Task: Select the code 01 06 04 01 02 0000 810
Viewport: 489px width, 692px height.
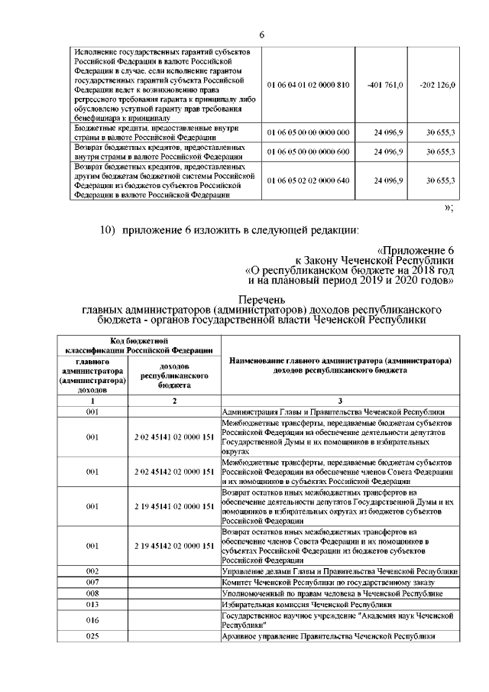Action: [x=308, y=84]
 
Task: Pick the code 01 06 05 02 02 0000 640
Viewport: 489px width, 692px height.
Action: [x=308, y=180]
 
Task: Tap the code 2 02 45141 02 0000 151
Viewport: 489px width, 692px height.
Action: [x=174, y=438]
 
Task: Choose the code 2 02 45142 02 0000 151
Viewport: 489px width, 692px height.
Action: [x=174, y=472]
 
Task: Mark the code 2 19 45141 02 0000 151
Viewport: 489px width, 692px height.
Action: [x=174, y=506]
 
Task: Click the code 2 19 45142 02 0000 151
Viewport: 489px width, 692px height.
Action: [x=174, y=545]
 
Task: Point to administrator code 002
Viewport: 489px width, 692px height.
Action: [x=92, y=571]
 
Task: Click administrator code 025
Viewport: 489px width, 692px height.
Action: [x=92, y=635]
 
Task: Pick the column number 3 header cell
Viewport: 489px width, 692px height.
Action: [x=340, y=401]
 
